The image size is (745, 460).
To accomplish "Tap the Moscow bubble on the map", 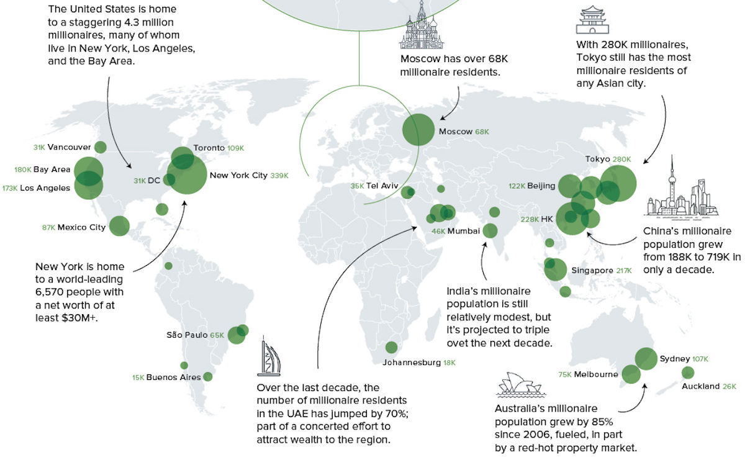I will pyautogui.click(x=418, y=130).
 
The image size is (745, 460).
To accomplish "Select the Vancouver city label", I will pyautogui.click(x=69, y=147).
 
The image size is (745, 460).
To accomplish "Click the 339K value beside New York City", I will pyautogui.click(x=279, y=176).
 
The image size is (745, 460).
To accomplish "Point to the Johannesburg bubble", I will pyautogui.click(x=391, y=348).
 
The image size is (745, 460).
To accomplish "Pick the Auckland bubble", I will pyautogui.click(x=688, y=373).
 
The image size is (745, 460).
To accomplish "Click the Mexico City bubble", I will pyautogui.click(x=119, y=226).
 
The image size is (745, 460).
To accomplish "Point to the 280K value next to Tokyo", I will pyautogui.click(x=621, y=160).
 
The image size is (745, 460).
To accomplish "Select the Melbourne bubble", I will pyautogui.click(x=631, y=374).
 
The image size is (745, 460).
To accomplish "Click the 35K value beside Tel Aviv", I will pyautogui.click(x=357, y=186).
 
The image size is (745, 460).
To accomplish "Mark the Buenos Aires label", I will pyautogui.click(x=173, y=377).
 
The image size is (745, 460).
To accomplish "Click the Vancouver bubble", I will pyautogui.click(x=100, y=147).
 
